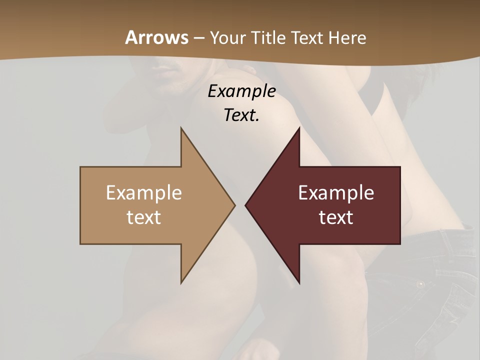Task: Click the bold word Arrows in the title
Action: [157, 38]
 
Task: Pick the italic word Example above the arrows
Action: [242, 91]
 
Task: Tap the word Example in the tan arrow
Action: [144, 193]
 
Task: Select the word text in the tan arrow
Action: [144, 217]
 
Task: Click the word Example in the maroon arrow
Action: [336, 193]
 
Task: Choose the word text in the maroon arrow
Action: [336, 217]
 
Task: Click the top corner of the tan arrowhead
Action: [181, 128]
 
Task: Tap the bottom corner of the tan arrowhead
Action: [181, 282]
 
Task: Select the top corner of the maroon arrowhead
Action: [299, 128]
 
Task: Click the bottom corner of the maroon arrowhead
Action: [299, 282]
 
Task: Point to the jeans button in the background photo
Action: [421, 284]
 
